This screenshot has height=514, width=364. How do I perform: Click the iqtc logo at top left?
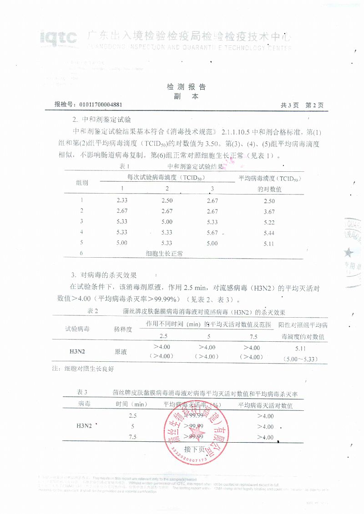pos(58,38)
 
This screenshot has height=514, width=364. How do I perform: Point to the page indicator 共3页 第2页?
pos(302,105)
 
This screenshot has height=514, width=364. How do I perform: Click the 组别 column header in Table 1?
pos(82,183)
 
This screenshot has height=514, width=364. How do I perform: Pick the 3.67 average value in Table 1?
pos(269,211)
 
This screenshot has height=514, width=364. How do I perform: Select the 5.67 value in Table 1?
pos(212,232)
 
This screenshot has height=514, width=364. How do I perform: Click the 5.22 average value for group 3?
pos(269,222)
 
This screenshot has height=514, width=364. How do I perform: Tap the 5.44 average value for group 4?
pos(269,232)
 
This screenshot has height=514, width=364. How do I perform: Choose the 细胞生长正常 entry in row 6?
pos(164,254)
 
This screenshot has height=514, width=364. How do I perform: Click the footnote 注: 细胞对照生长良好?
pos(83,369)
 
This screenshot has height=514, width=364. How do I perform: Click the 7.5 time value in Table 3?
pos(133,437)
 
